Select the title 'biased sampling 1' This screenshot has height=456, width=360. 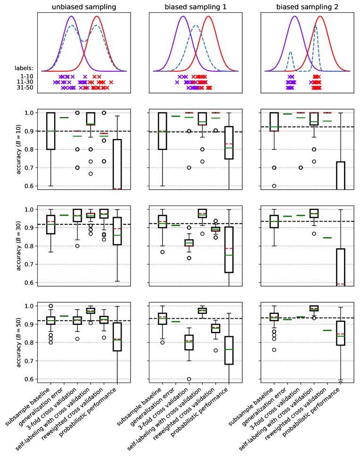[x=196, y=7]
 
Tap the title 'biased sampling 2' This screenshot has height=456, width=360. [x=307, y=7]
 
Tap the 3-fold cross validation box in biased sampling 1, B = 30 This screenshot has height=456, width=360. [x=189, y=243]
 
